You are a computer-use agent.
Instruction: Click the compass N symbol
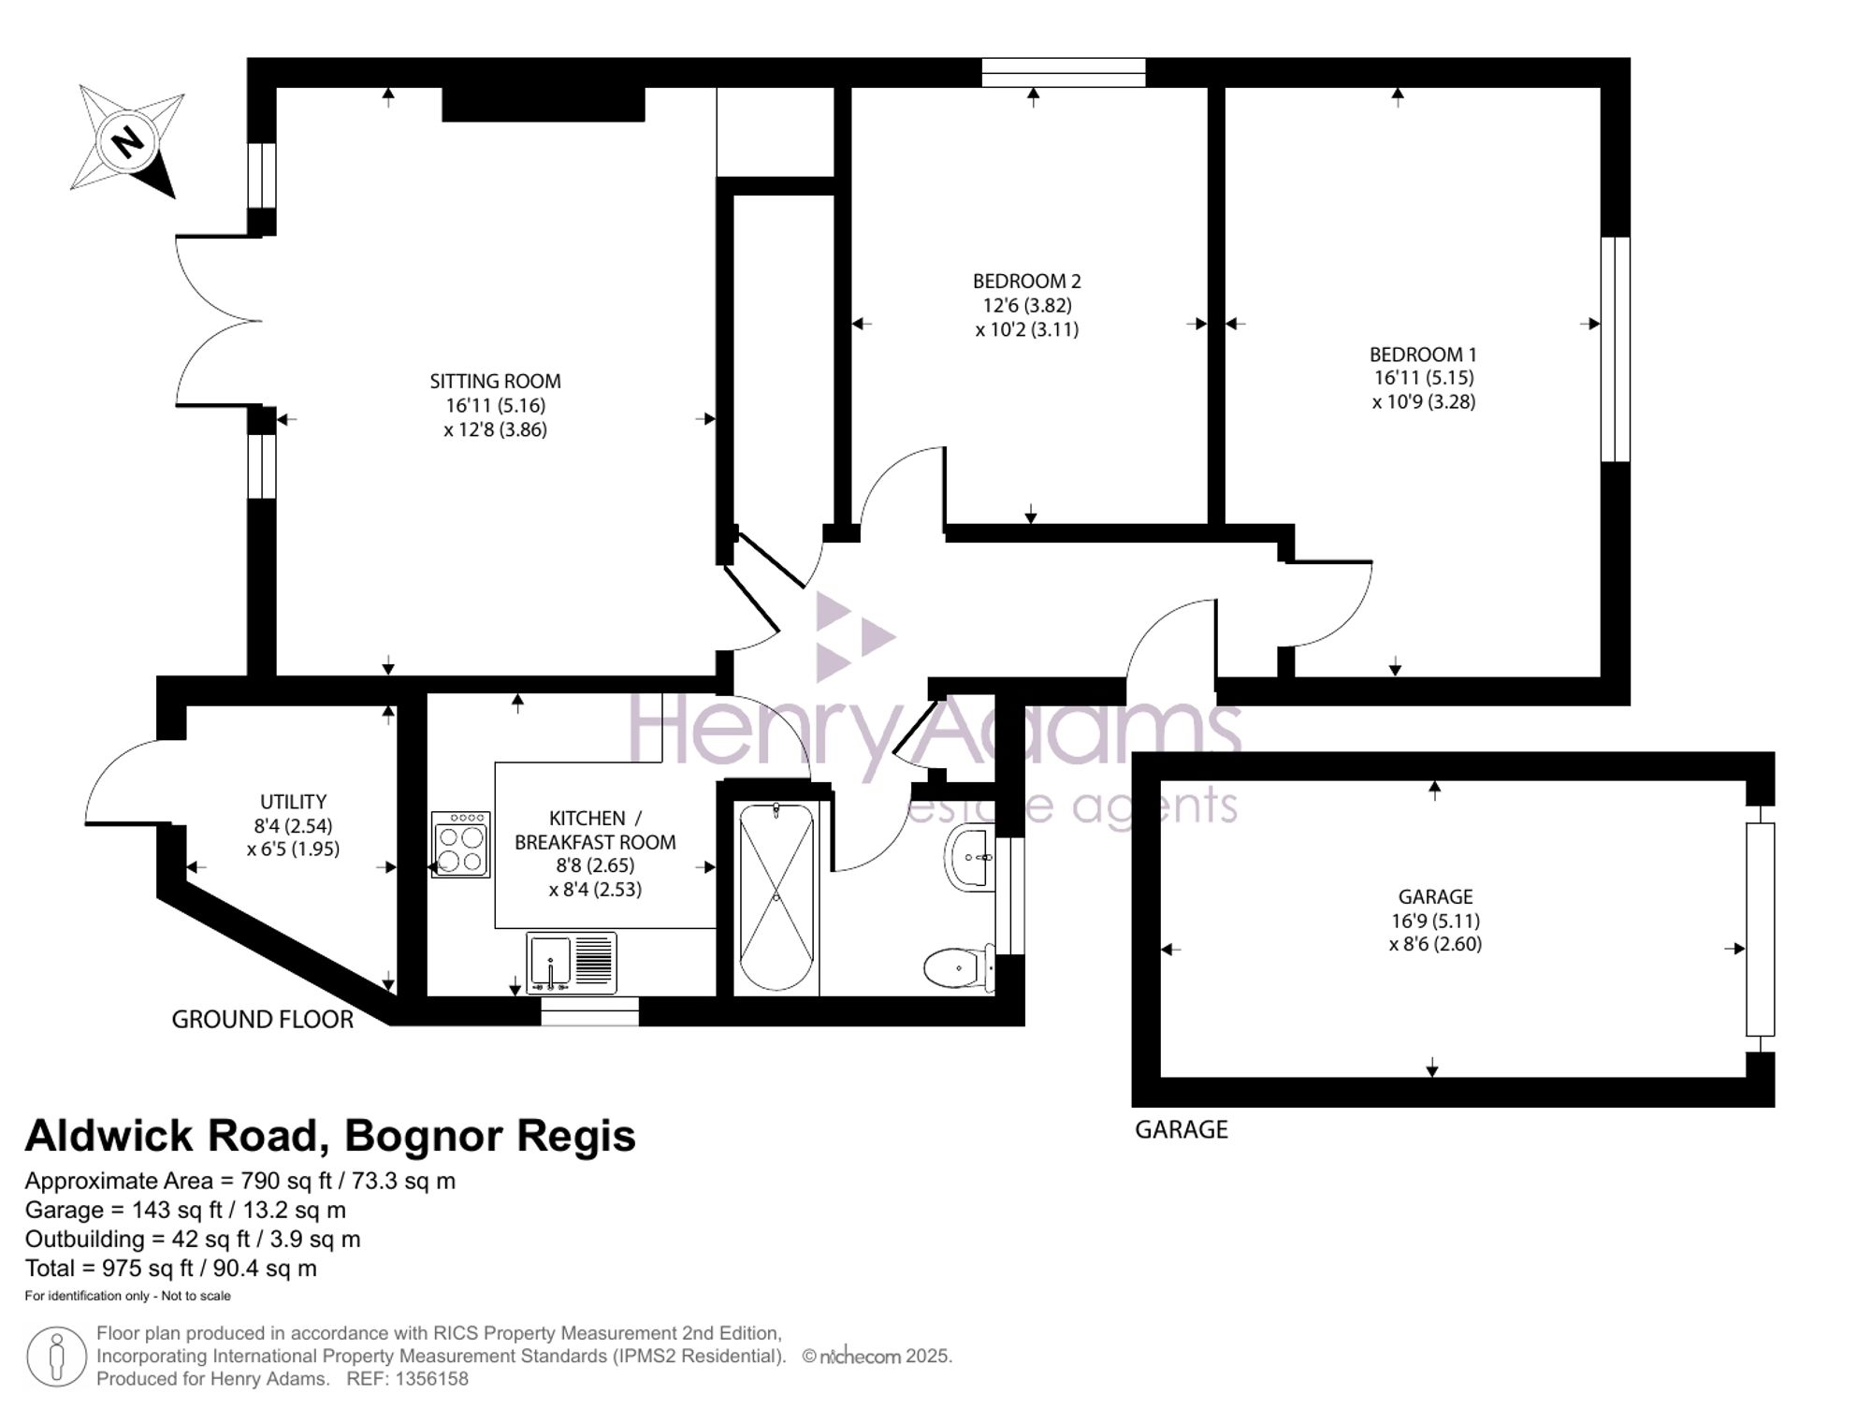pyautogui.click(x=128, y=142)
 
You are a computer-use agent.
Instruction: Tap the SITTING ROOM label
pyautogui.click(x=495, y=381)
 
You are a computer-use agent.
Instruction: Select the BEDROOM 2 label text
pyautogui.click(x=1026, y=281)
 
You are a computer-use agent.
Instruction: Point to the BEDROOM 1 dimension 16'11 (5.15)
pyautogui.click(x=1423, y=378)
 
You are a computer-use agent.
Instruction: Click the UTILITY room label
pyautogui.click(x=293, y=802)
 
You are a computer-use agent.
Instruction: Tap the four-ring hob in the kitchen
pyautogui.click(x=460, y=844)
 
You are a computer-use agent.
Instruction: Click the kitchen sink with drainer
pyautogui.click(x=571, y=963)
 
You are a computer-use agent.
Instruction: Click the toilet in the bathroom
pyautogui.click(x=956, y=967)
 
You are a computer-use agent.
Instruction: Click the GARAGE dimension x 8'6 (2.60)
pyautogui.click(x=1435, y=944)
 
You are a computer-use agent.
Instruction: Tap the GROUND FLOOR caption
pyautogui.click(x=262, y=1020)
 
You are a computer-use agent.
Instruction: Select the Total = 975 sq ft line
pyautogui.click(x=170, y=1269)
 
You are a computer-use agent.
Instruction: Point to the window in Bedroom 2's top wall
pyautogui.click(x=1063, y=73)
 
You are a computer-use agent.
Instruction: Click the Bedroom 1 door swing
pyautogui.click(x=1328, y=603)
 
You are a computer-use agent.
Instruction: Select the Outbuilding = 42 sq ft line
pyautogui.click(x=192, y=1240)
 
